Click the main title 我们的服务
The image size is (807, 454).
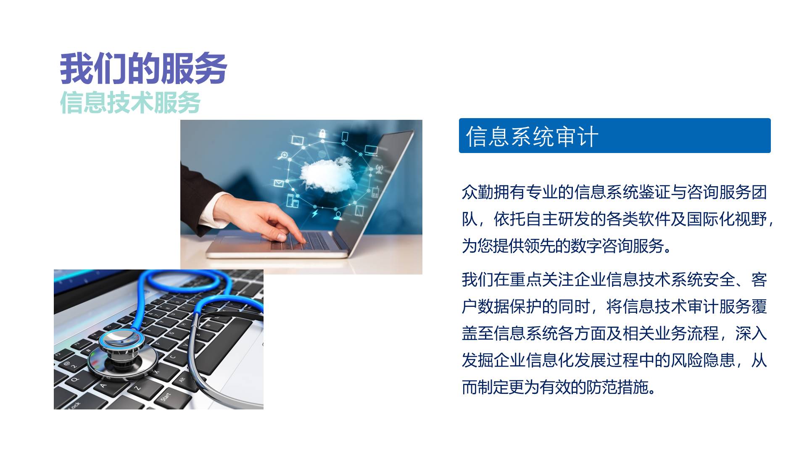click(143, 69)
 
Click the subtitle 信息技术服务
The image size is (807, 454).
click(130, 102)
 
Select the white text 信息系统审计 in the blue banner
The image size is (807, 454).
click(532, 136)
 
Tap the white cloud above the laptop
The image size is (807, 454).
click(327, 174)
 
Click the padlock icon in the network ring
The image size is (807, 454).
click(322, 134)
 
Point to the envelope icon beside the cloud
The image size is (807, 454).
click(279, 183)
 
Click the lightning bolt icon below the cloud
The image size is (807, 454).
click(315, 214)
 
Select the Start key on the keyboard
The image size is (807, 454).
click(166, 396)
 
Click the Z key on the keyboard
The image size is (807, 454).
click(137, 388)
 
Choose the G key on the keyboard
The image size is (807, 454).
click(171, 334)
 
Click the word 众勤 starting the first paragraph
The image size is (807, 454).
click(477, 192)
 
